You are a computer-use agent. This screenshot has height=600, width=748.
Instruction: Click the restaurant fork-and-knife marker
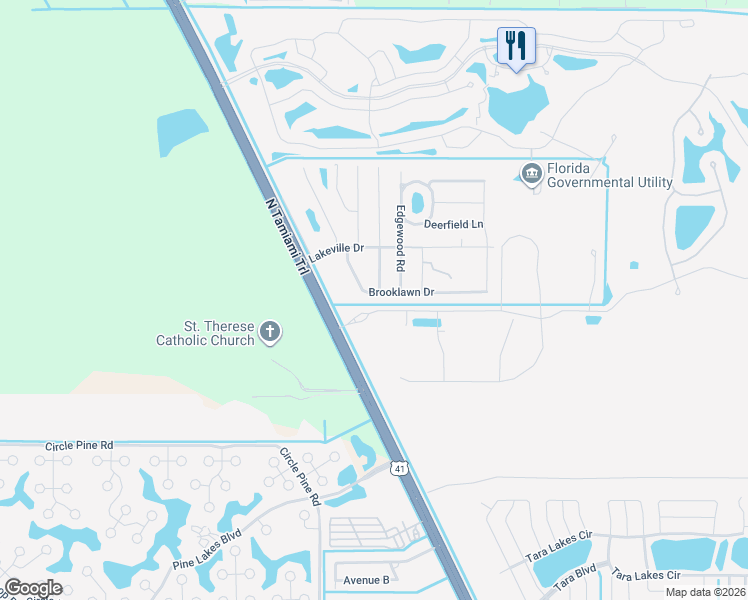516,45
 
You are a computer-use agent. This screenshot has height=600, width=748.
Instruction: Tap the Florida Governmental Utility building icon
531,175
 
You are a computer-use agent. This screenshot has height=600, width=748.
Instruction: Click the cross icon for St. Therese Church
269,332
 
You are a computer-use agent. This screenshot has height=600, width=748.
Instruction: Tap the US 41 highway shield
398,468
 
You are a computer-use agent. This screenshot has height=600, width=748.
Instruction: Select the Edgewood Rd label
400,239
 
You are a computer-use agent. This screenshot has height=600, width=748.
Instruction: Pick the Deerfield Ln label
453,225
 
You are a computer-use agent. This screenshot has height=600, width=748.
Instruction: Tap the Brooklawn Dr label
400,293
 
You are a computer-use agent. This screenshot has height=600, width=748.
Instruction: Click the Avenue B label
366,580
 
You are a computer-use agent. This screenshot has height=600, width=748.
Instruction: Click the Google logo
33,588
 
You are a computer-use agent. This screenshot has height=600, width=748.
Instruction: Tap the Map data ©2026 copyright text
705,592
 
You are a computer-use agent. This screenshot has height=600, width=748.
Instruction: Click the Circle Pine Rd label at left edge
79,445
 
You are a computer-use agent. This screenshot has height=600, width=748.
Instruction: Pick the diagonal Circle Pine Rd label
299,475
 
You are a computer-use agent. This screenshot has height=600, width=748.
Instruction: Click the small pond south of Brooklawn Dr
426,323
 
